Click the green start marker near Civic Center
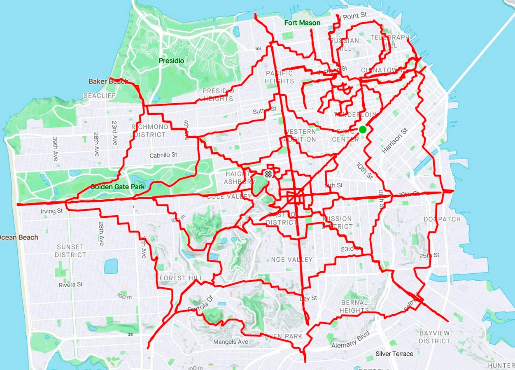click(x=362, y=130)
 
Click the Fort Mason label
click(x=302, y=23)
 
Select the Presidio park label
click(x=172, y=61)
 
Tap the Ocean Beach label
click(x=19, y=237)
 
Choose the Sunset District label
click(x=70, y=251)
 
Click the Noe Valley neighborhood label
click(x=292, y=260)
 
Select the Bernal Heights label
click(x=354, y=307)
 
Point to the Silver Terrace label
click(x=394, y=354)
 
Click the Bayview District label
click(x=434, y=337)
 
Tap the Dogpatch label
click(x=442, y=219)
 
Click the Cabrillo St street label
click(x=163, y=155)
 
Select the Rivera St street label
click(x=71, y=284)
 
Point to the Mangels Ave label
click(x=231, y=342)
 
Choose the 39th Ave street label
click(x=55, y=149)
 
